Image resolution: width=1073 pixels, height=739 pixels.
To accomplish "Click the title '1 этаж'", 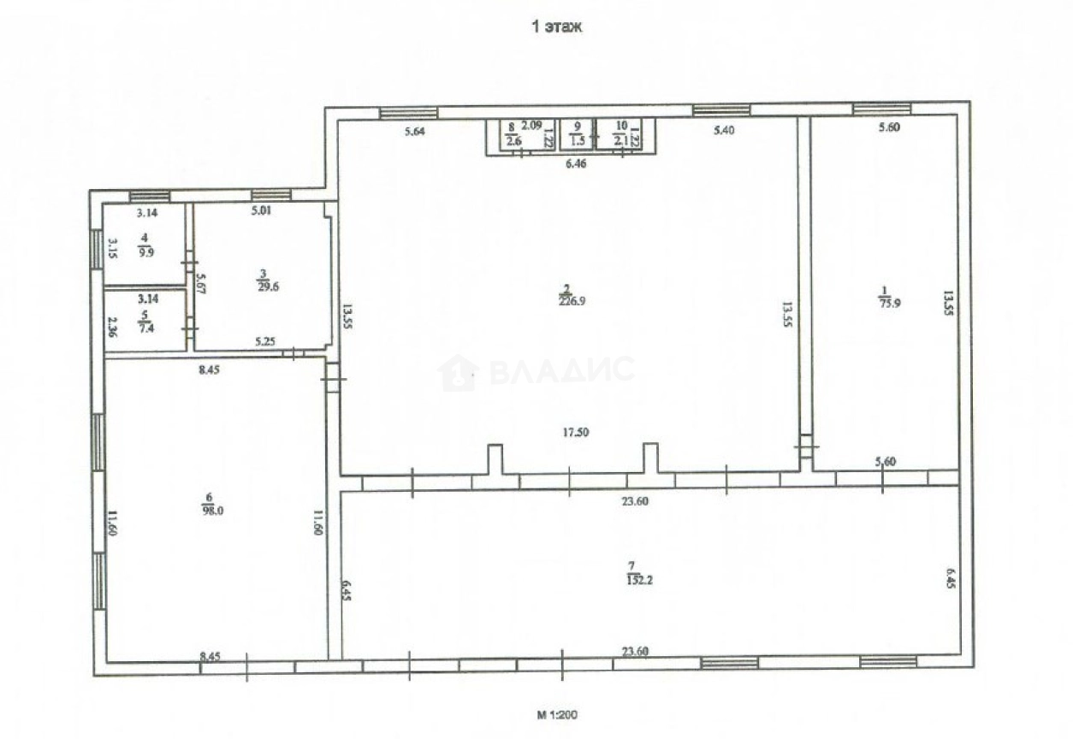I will tap(557, 27).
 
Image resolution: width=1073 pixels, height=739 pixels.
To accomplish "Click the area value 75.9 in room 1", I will tap(886, 300).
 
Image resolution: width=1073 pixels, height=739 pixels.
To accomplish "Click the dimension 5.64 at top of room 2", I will tap(414, 131).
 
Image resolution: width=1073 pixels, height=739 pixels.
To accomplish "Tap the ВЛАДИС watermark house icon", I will tap(458, 373).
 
